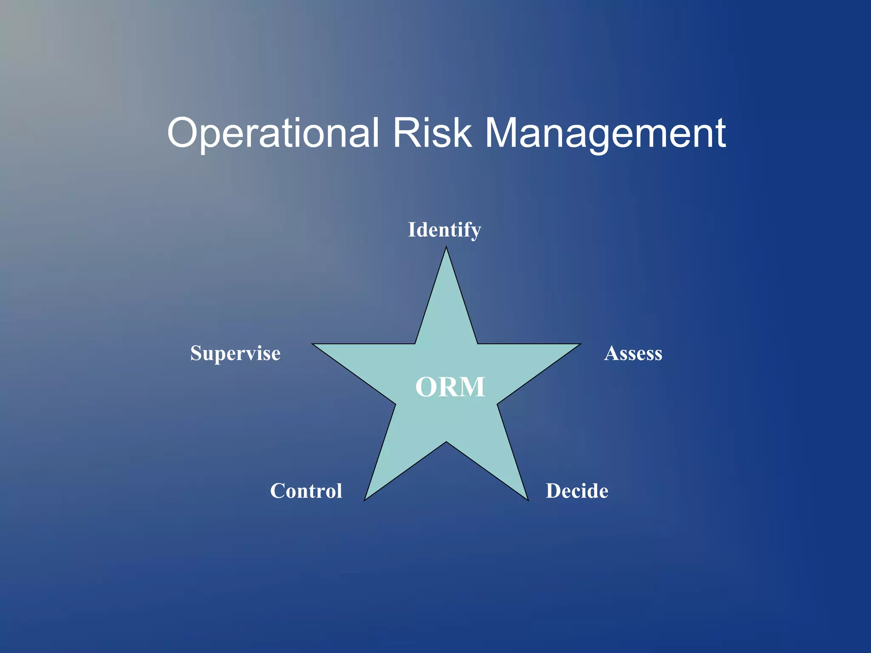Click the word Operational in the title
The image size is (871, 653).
click(273, 133)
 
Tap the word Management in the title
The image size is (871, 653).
click(605, 133)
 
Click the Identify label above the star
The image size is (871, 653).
click(444, 230)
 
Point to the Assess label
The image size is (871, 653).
click(633, 353)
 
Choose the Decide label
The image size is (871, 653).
click(577, 491)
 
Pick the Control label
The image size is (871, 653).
click(306, 491)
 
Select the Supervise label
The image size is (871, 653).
click(235, 353)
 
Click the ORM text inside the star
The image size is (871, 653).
click(450, 387)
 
